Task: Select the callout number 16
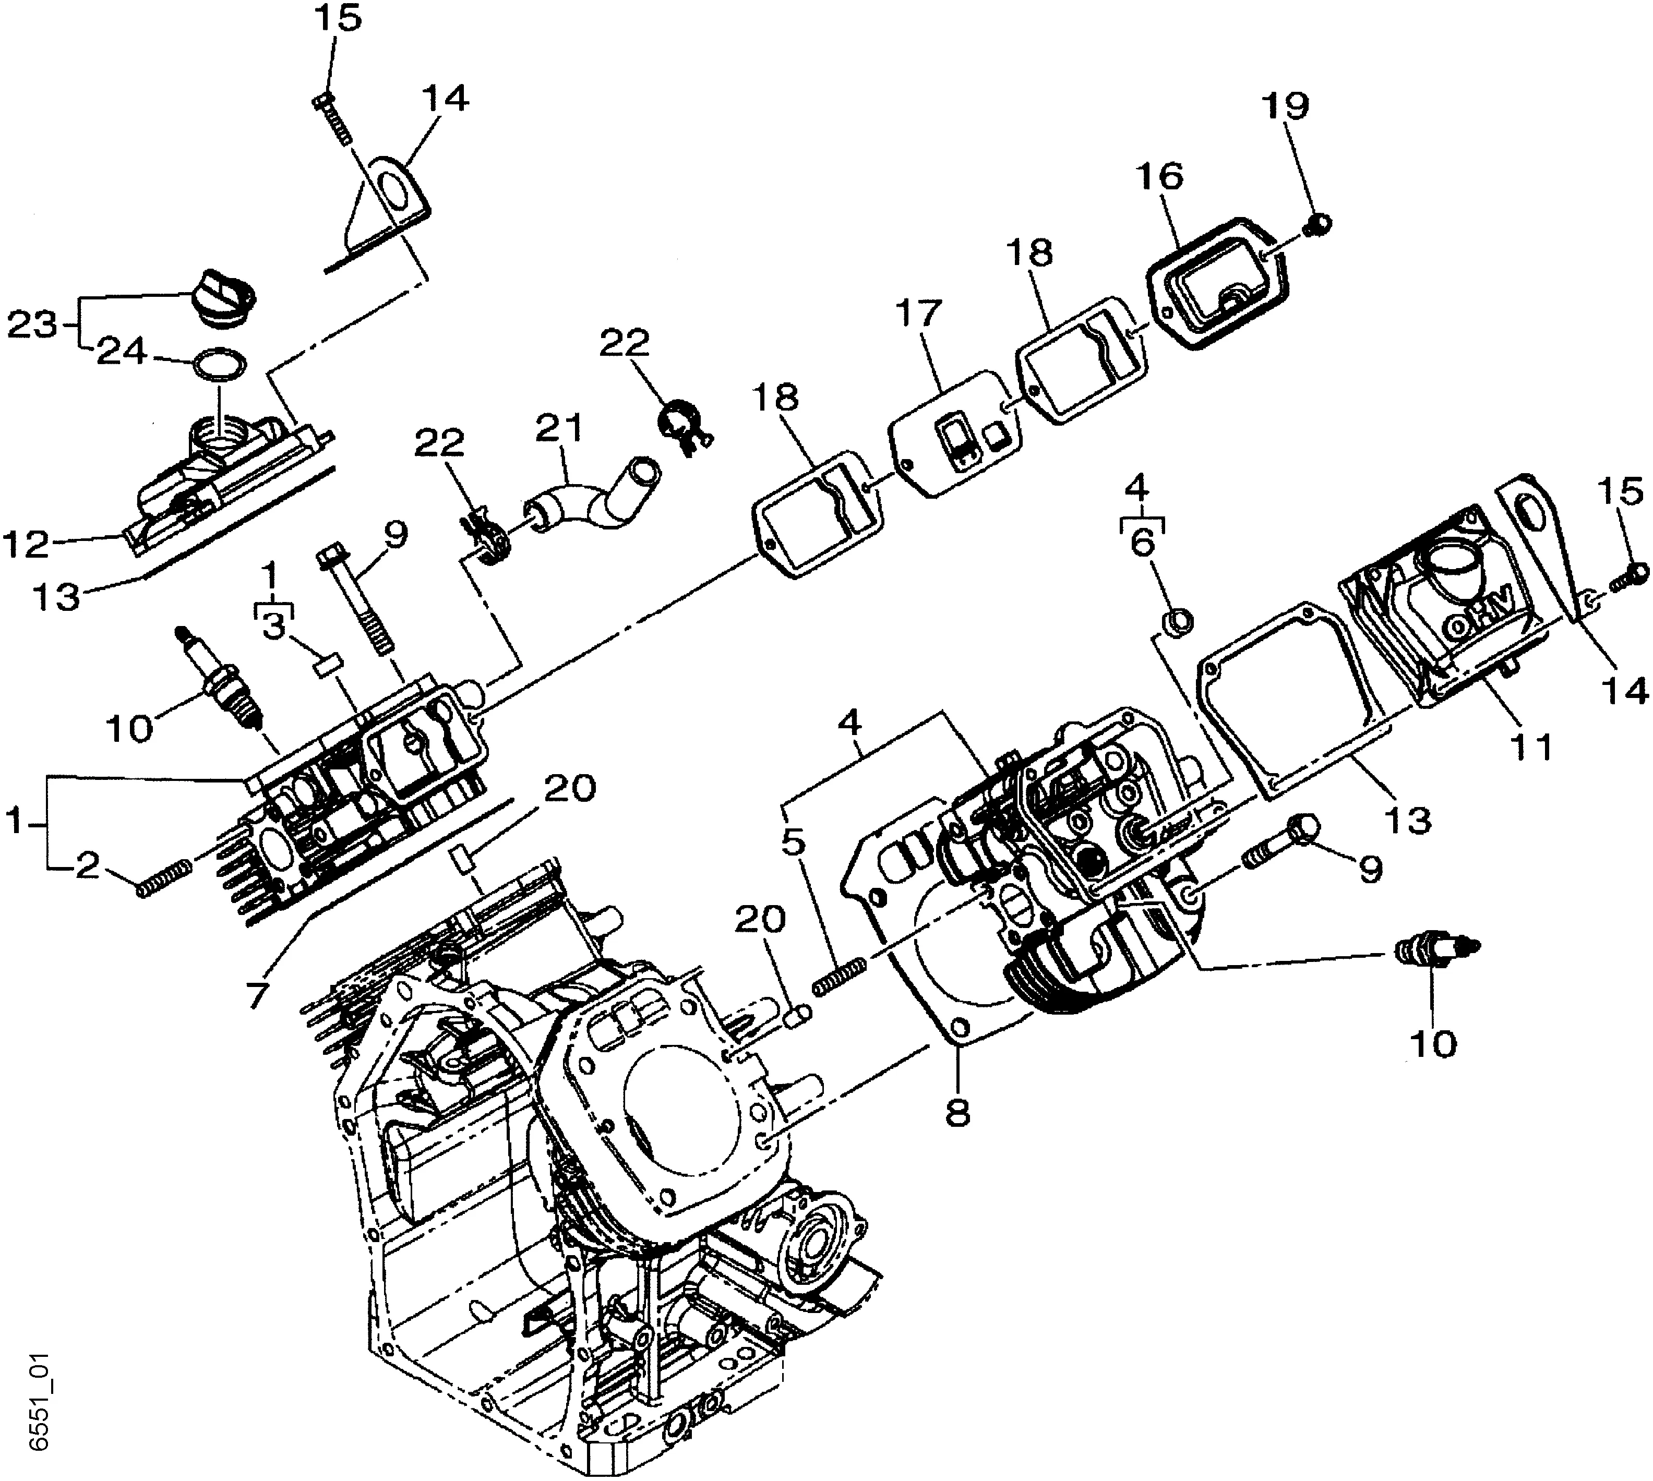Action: (x=1160, y=176)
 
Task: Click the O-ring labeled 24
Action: (x=219, y=365)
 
